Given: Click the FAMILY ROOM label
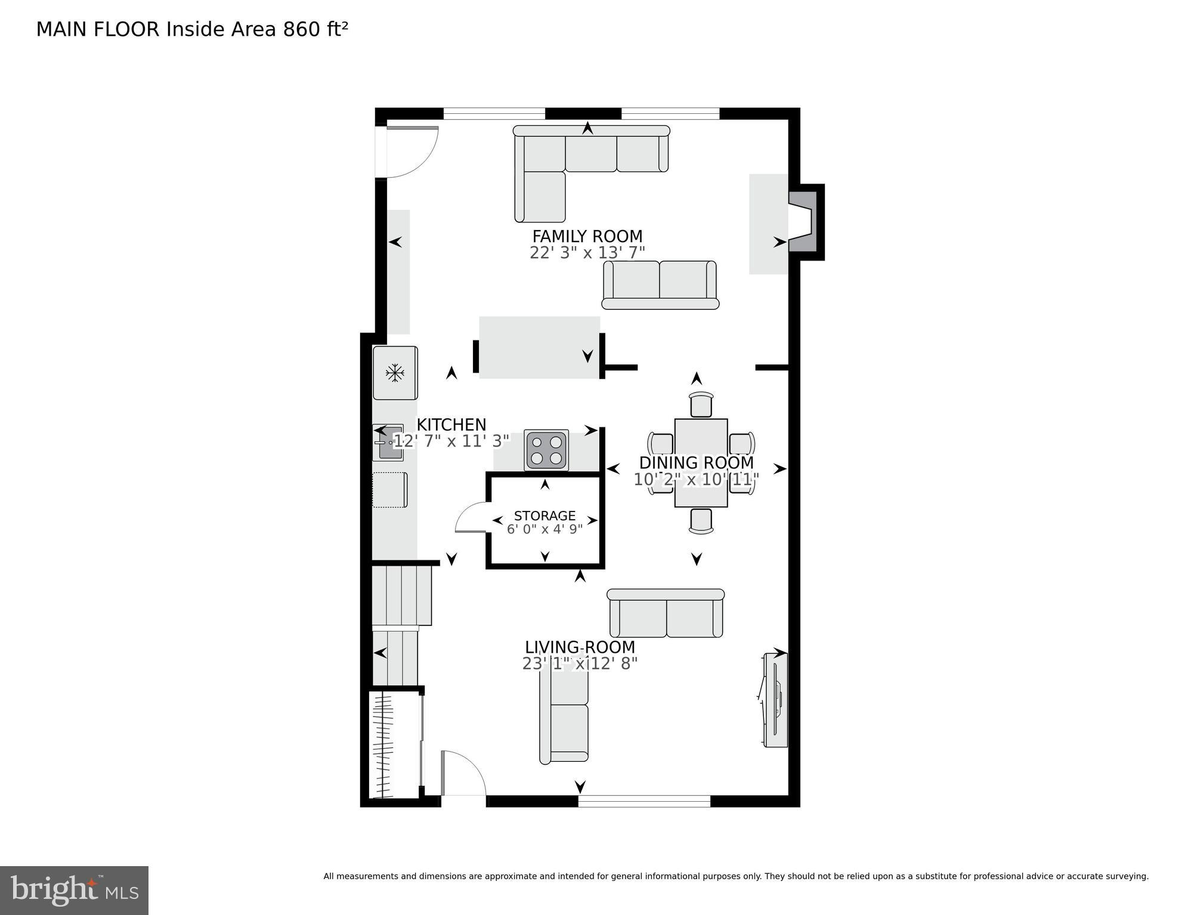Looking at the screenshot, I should tap(587, 236).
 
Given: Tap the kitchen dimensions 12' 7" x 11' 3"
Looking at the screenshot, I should tap(451, 441).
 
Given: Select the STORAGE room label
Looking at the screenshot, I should tap(544, 516).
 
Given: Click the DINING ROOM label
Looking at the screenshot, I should tap(696, 463).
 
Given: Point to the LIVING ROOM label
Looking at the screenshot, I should tap(580, 647).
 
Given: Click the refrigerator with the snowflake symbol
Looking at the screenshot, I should tap(395, 373).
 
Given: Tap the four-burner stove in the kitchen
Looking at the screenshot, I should tap(546, 451).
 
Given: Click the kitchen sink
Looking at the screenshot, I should tap(388, 442).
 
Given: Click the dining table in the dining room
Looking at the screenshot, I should tap(701, 463).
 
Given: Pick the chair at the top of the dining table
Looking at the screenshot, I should tap(701, 405).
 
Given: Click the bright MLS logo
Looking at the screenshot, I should tap(74, 890).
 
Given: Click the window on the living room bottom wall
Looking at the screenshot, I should tap(644, 801).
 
